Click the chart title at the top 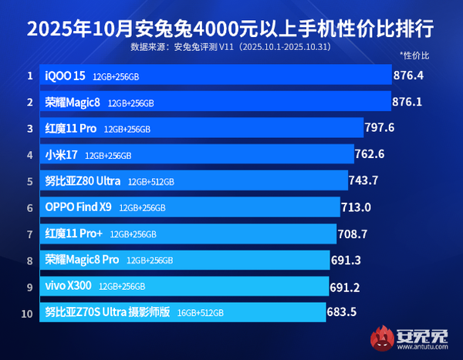pyautogui.click(x=231, y=29)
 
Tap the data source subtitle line pyautogui.click(x=231, y=47)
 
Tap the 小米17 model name pyautogui.click(x=62, y=155)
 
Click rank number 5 pyautogui.click(x=29, y=181)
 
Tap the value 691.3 pyautogui.click(x=347, y=261)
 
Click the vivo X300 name pyautogui.click(x=68, y=286)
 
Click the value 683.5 pyautogui.click(x=343, y=312)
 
